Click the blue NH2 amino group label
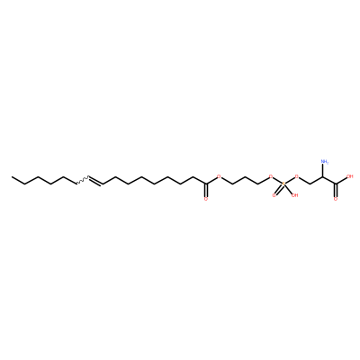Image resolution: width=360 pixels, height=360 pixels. click(325, 162)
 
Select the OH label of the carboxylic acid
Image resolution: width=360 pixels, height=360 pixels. click(349, 176)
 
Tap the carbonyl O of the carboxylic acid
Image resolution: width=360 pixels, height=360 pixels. click(336, 199)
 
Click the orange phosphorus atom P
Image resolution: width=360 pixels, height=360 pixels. click(283, 184)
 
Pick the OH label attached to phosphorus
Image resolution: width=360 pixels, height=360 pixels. click(294, 195)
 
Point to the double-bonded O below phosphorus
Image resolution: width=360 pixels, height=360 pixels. click(274, 195)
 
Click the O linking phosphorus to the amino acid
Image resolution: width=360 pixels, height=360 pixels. click(297, 176)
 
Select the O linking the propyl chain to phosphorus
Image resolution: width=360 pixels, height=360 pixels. click(271, 176)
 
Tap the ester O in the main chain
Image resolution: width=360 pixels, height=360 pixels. click(219, 176)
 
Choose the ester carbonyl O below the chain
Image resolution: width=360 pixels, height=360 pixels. click(205, 199)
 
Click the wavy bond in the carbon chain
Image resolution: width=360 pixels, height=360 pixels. click(82, 180)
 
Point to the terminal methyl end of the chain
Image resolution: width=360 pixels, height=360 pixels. click(12, 176)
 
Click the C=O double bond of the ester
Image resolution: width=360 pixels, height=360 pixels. click(205, 190)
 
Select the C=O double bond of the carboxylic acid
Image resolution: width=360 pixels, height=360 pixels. click(336, 190)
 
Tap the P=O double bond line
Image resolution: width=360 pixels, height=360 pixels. click(278, 190)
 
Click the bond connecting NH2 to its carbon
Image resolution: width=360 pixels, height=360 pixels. click(323, 171)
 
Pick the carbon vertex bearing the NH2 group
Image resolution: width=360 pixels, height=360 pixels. click(323, 177)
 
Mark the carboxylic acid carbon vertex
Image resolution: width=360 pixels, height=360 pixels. click(336, 184)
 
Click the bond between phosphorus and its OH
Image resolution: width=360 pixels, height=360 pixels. click(289, 190)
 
